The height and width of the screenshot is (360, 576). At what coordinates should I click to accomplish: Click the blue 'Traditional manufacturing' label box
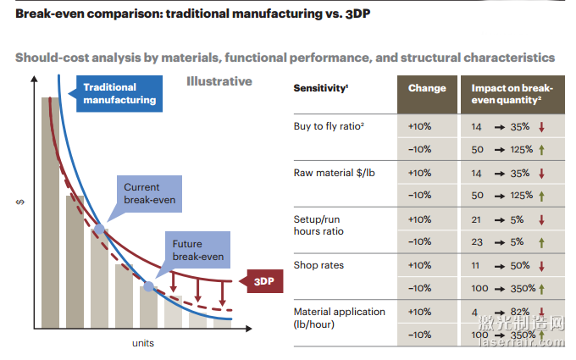[119, 93]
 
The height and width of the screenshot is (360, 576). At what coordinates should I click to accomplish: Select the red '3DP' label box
[263, 282]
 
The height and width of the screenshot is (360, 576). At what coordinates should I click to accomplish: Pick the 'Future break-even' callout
[197, 250]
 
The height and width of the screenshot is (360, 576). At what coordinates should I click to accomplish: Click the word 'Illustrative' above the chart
[219, 81]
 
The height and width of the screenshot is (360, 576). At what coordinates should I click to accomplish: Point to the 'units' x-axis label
[142, 343]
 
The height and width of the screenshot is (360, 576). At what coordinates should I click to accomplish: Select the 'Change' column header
[427, 88]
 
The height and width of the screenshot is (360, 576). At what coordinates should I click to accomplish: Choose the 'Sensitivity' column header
[321, 88]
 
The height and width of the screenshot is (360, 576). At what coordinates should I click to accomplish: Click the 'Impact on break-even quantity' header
[512, 94]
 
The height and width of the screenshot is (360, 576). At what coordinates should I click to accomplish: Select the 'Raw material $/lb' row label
[333, 173]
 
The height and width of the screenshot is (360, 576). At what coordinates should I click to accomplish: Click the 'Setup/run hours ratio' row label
[318, 224]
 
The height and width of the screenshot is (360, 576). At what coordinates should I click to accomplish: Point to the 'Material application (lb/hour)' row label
[339, 318]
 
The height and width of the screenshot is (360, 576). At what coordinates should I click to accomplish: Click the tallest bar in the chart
[50, 212]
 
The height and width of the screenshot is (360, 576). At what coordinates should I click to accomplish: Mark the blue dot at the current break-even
[99, 228]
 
